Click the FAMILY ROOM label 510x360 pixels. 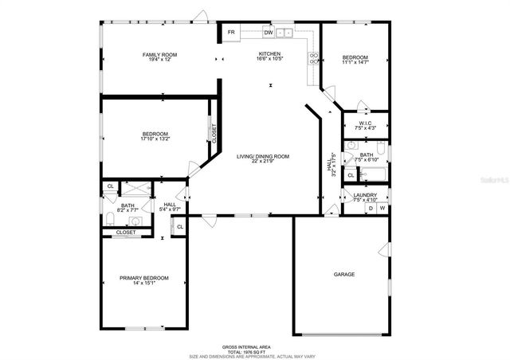tap(159, 54)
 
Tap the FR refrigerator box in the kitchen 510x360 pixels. tap(231, 33)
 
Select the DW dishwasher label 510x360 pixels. tap(269, 33)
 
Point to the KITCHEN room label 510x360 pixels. tap(269, 54)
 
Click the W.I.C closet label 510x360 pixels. tap(366, 123)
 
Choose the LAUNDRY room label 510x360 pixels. tap(366, 194)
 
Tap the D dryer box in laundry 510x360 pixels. tap(370, 208)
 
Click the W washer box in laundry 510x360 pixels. tap(382, 208)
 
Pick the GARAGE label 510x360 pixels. tap(344, 274)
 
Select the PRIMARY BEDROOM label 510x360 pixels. tap(144, 277)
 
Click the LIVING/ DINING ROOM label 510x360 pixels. tap(262, 156)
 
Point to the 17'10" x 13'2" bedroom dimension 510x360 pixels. tap(155, 139)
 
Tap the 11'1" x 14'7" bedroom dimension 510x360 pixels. tap(355, 63)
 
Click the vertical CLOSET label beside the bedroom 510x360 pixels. tap(214, 131)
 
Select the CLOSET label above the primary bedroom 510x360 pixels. tap(126, 232)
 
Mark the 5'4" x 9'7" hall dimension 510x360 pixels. tap(170, 209)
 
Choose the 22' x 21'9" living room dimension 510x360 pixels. tap(262, 162)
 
